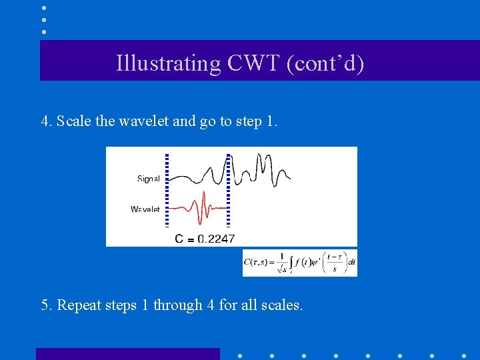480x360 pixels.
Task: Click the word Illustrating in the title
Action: click(168, 63)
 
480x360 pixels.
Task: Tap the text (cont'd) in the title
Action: click(325, 63)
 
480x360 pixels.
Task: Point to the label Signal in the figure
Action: click(148, 179)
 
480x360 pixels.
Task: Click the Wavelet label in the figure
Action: click(145, 209)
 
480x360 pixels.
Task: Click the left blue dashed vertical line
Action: click(167, 190)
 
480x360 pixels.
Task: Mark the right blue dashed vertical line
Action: click(229, 190)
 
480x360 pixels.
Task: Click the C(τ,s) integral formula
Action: click(299, 263)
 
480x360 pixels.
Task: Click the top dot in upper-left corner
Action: click(43, 8)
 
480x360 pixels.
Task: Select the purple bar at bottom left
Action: click(127, 354)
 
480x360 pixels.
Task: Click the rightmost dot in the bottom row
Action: click(464, 355)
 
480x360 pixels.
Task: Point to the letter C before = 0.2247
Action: click(179, 239)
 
